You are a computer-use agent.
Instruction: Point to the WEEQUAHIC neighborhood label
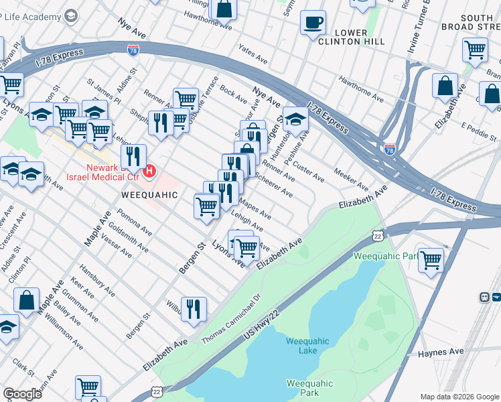coord(149,195)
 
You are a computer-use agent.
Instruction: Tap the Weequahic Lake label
coord(307,346)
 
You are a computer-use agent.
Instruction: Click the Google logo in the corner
coord(22,394)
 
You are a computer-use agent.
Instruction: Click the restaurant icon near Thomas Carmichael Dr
coord(193,309)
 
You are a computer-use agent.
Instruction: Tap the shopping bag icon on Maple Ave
coord(26,301)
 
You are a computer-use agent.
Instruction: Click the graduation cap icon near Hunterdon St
coord(295,119)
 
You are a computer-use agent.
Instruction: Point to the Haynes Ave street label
coord(441,352)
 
